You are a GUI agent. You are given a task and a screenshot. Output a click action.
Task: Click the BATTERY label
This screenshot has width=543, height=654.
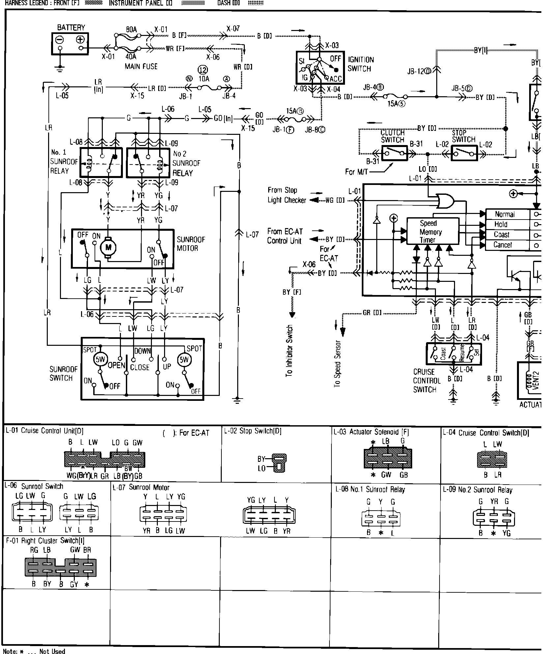71,28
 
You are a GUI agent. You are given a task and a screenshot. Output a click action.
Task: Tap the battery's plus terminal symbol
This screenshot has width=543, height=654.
81,40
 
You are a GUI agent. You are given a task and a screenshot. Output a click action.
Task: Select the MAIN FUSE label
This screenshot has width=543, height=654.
141,67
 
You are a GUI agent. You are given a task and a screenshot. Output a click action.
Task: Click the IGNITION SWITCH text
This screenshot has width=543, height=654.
361,64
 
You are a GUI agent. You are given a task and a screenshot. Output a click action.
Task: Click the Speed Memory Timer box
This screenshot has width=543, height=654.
433,231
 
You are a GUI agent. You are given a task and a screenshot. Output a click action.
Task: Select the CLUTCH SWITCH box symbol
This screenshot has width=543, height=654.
394,154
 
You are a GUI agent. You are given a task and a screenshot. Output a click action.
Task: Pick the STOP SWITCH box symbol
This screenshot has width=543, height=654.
464,154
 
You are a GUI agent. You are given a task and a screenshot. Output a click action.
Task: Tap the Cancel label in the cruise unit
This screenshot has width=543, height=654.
502,245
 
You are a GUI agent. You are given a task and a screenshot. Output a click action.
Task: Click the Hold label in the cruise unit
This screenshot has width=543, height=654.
501,224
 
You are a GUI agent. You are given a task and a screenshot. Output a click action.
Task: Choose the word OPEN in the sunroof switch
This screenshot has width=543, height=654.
117,365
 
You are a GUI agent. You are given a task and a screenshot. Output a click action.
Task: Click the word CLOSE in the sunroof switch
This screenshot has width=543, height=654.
140,367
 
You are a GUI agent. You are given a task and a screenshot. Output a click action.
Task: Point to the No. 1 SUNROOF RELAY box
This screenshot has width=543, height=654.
101,163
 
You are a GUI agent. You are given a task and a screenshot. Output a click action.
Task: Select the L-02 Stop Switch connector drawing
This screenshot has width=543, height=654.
279,462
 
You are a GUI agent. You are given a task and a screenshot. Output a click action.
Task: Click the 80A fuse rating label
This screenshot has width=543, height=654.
131,29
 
